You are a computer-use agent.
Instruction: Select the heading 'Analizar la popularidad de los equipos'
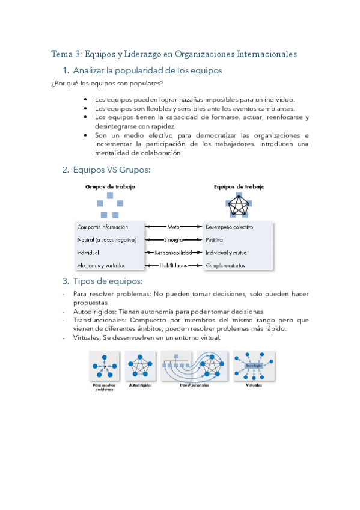click(x=147, y=71)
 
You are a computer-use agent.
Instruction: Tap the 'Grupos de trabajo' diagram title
click(x=110, y=187)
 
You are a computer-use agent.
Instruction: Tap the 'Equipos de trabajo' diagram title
click(x=239, y=187)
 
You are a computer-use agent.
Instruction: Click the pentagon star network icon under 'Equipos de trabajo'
click(x=240, y=207)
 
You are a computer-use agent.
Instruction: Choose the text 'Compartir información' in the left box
click(x=102, y=227)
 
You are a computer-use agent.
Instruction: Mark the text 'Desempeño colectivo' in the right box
click(x=229, y=227)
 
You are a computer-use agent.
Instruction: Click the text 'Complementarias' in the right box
click(x=225, y=265)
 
